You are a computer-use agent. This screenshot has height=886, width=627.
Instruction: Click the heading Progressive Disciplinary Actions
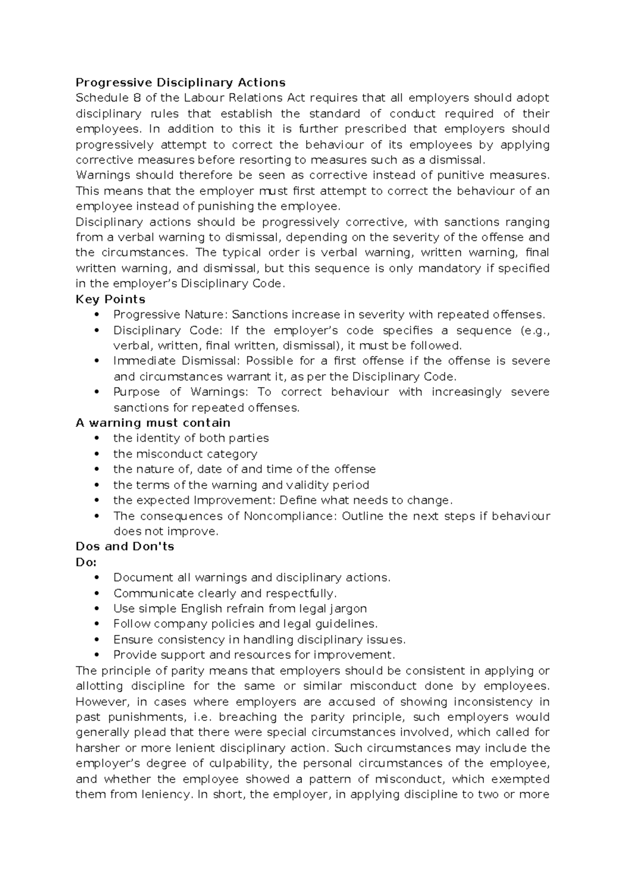(180, 83)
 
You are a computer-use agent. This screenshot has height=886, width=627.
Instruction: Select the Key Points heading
(110, 299)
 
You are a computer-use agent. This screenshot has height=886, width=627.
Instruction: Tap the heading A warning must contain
(153, 423)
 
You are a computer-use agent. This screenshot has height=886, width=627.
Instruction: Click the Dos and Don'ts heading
(125, 546)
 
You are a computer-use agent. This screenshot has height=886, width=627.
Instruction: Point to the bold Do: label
(86, 562)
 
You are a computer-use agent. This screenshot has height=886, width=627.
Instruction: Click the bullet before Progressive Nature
(95, 315)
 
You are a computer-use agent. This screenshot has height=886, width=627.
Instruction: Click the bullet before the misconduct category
(95, 454)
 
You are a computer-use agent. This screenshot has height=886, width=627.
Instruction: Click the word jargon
(348, 609)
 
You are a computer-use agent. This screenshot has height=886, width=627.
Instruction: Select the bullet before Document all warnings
(95, 578)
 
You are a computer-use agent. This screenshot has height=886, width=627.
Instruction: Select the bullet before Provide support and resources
(95, 655)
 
